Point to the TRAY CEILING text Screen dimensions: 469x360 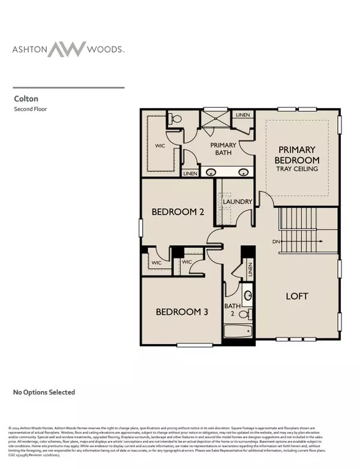297,169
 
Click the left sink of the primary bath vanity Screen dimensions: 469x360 211,173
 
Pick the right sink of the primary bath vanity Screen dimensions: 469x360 244,173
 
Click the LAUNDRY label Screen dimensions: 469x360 236,202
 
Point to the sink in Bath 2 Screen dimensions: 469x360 247,295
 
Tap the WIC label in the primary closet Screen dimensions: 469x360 160,146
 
